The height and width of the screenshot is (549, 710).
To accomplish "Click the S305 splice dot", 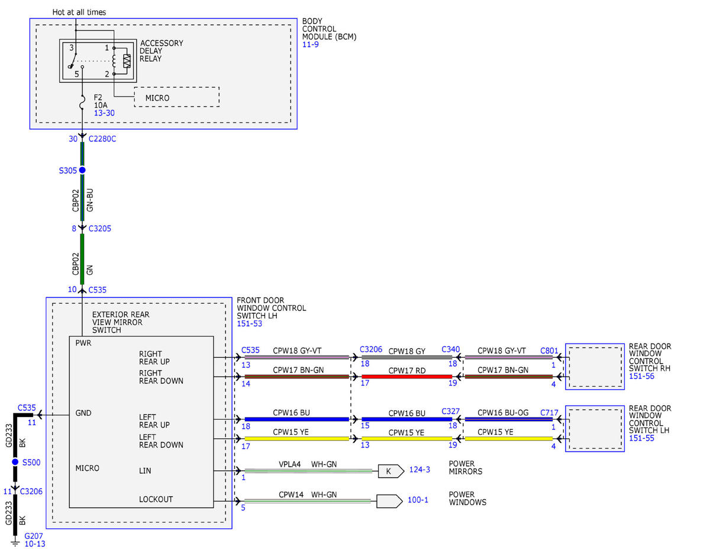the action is coord(82,170).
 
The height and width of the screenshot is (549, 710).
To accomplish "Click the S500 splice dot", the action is coord(15,462).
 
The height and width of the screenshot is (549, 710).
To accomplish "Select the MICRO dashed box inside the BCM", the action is coord(176,97).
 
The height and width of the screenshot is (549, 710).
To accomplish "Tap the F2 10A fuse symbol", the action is coord(82,102).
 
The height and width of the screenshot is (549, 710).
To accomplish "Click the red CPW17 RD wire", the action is coord(406,377).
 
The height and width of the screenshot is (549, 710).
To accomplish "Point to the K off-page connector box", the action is coord(390,471).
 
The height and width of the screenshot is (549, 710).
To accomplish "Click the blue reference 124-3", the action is coord(419,470).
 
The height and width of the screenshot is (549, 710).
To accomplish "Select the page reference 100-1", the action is coord(418,500).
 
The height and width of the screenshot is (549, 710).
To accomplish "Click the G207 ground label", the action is coord(34,536).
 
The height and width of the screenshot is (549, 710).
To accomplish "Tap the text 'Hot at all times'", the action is coord(79,12).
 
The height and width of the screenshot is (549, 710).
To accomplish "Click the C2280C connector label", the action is coord(102,139).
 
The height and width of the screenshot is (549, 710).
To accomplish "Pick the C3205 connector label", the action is coord(99,229).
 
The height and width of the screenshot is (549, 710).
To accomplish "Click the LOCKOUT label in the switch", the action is coord(156,499).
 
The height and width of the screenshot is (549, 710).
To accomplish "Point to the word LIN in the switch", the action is coord(145,471).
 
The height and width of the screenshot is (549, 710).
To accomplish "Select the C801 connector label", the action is coord(549,351).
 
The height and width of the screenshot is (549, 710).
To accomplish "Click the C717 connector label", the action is coord(549,413).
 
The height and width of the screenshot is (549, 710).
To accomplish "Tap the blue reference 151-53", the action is coord(249,324).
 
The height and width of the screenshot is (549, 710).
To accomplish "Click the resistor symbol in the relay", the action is coord(127,61).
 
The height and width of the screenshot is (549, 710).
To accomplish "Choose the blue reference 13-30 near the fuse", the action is coord(104,113).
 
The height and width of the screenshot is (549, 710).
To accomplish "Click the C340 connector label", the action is coord(451,349).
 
